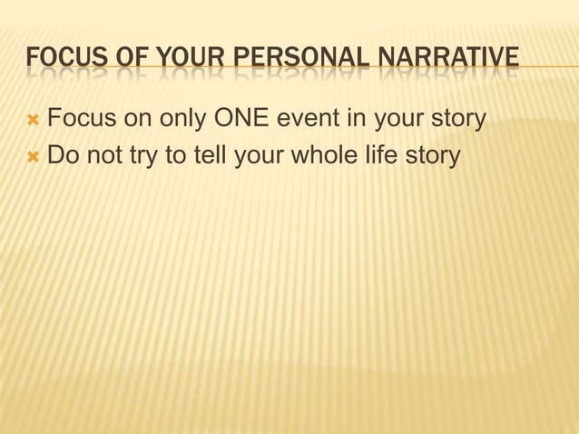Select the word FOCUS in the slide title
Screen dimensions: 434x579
(59, 62)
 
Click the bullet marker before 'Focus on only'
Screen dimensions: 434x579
(34, 118)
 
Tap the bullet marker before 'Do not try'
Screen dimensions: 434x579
(34, 156)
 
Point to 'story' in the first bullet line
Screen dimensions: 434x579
(455, 118)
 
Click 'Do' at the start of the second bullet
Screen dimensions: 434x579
(63, 156)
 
